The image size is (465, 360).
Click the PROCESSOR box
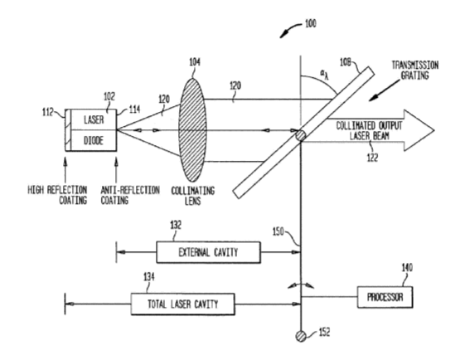385,297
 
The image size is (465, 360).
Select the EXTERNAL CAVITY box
209,252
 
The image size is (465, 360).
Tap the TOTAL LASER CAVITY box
182,304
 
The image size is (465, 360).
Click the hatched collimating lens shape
192,130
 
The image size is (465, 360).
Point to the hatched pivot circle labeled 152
301,336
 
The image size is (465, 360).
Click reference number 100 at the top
311,23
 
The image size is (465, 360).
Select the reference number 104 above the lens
195,62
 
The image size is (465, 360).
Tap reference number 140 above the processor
407,268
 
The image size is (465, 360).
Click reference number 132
176,225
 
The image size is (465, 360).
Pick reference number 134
149,277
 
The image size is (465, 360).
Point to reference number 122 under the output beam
372,158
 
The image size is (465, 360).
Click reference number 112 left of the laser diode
48,112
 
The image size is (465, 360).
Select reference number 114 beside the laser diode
134,109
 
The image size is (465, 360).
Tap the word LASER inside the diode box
94,120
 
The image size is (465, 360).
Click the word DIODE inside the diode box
94,141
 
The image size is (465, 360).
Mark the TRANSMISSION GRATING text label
415,71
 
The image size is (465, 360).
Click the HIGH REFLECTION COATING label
57,195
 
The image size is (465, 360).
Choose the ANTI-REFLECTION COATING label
130,195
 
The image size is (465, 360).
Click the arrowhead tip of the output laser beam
434,130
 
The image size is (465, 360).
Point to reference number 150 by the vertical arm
279,231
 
